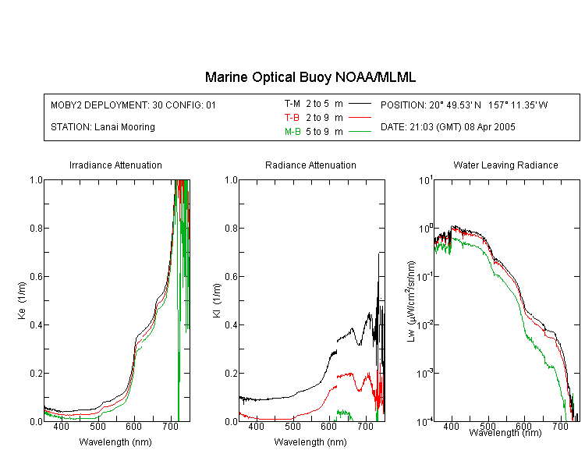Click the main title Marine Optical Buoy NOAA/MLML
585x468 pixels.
coord(310,77)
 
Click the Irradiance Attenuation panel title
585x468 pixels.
coord(115,165)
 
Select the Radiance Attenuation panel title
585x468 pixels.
coord(310,165)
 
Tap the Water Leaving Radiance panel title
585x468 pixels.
coord(505,165)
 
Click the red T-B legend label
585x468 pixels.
coord(292,118)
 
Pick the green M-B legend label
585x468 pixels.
coord(292,132)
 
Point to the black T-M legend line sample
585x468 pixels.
coord(360,104)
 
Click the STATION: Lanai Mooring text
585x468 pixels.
coord(103,127)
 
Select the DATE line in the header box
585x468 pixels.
coord(448,127)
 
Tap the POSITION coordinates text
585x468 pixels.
coord(464,105)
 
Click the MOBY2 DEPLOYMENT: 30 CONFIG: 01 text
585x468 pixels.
coord(133,105)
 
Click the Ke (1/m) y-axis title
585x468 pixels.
coord(22,300)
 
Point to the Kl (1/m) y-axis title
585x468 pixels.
coord(217,300)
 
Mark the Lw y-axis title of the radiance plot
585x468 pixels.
coord(411,301)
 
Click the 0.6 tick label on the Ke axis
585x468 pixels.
coord(36,277)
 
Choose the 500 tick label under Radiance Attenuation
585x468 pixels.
coord(292,426)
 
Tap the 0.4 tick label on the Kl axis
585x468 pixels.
coord(231,325)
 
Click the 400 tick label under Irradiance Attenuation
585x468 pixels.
coord(61,426)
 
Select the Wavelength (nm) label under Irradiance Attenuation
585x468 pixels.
coord(115,442)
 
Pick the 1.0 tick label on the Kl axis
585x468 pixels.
coord(231,180)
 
